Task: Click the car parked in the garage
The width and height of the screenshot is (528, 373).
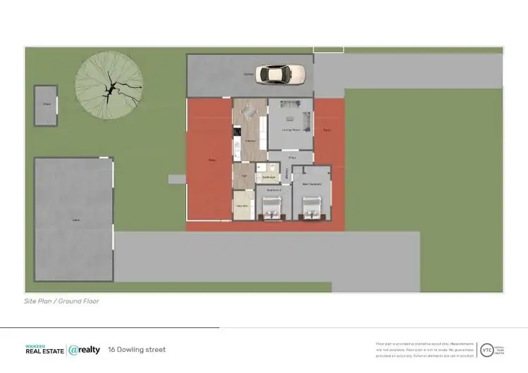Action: pyautogui.click(x=281, y=73)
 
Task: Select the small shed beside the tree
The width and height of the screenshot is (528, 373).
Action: pyautogui.click(x=46, y=106)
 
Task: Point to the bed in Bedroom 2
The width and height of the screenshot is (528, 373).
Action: pyautogui.click(x=271, y=207)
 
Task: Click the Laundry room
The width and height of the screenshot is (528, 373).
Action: pyautogui.click(x=242, y=206)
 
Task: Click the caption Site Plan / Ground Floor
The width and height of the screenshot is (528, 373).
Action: pyautogui.click(x=61, y=301)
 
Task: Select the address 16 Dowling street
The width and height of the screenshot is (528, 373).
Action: pyautogui.click(x=137, y=350)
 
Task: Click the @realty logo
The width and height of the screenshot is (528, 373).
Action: pyautogui.click(x=84, y=350)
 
